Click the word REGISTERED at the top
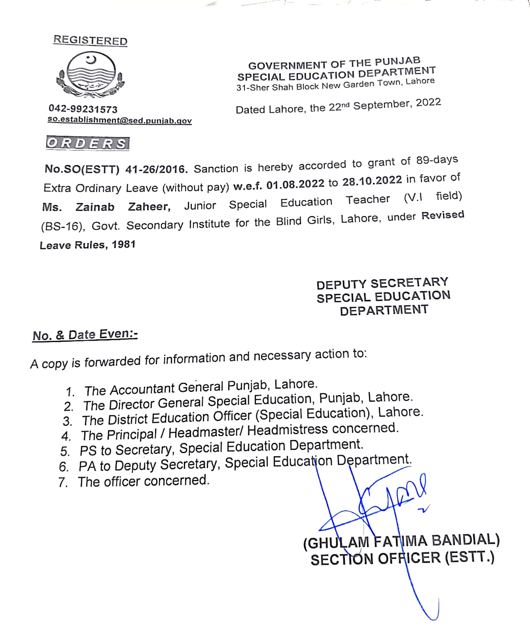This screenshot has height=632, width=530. [x=90, y=40]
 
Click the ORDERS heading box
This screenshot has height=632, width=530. [x=88, y=143]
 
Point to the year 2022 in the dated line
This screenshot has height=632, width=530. [x=428, y=103]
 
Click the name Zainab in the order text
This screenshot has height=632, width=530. [x=95, y=207]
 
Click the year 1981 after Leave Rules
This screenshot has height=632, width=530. [x=124, y=244]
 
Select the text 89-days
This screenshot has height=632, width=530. [x=437, y=160]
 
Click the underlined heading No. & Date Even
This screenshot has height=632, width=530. [x=85, y=335]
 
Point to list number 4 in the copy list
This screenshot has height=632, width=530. [x=66, y=436]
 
